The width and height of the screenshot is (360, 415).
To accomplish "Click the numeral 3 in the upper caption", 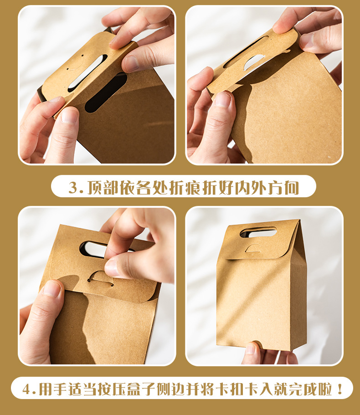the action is point(73,187).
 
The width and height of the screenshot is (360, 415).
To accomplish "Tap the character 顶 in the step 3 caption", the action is point(95,187).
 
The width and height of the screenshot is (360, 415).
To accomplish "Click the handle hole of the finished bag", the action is point(258,232).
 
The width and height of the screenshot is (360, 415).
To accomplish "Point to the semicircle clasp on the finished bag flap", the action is point(253,248).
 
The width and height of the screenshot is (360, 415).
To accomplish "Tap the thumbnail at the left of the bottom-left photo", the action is point(52,289).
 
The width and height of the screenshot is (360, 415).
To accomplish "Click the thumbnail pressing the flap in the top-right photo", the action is point(223,99).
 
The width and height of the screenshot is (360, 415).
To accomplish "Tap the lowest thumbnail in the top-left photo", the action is point(69,116).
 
